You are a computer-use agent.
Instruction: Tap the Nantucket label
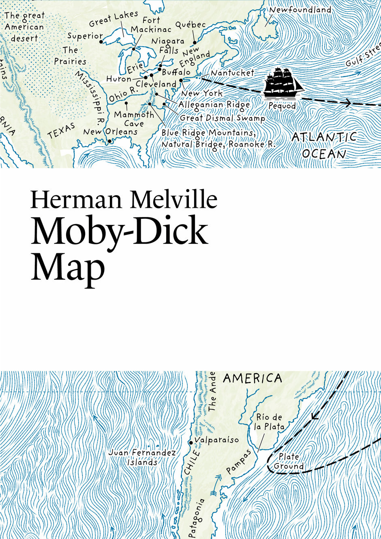pos(232,73)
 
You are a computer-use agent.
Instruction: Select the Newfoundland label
pos(300,9)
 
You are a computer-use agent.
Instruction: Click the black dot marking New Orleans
pos(109,141)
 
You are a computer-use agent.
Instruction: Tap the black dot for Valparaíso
pos(191,442)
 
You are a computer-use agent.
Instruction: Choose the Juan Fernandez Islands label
pos(142,457)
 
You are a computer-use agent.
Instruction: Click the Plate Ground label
pos(289,461)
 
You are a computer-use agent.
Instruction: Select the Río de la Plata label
pos(269,422)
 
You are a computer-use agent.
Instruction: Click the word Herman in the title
pos(77,200)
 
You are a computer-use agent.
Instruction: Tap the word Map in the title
pos(68,268)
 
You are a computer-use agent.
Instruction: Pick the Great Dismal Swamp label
pos(222,118)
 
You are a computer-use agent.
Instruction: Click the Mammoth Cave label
pos(134,119)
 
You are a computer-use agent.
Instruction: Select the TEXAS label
pos(62,131)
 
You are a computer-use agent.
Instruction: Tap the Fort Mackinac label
pos(151,25)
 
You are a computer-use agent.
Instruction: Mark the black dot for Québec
pos(195,42)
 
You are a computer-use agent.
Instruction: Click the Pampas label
pos(239,461)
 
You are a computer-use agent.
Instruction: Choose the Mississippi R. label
pos(90,97)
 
